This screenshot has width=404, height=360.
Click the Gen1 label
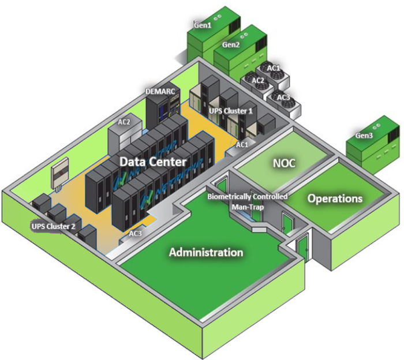[x=203, y=25]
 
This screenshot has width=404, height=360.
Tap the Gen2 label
[x=230, y=44]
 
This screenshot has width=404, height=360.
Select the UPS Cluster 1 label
[x=230, y=109]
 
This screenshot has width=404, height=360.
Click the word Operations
[x=335, y=198]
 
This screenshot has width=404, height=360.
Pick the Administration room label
[x=206, y=252]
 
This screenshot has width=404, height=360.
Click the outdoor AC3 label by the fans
[x=283, y=97]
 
